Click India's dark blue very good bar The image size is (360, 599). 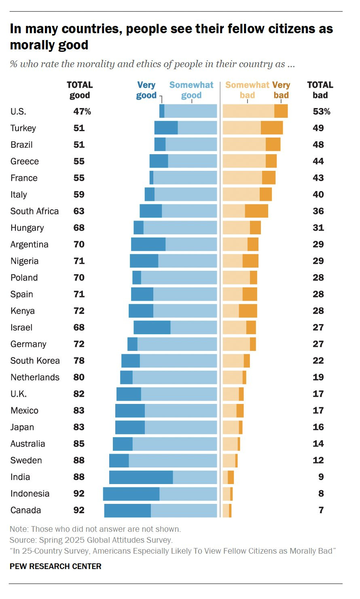click(141, 477)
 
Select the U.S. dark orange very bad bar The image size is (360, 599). click(281, 111)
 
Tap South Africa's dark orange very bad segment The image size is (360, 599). click(256, 211)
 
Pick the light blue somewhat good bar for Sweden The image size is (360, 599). click(173, 461)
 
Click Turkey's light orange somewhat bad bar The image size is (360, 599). click(241, 128)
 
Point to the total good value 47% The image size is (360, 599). click(82, 112)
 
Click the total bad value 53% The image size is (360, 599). click(321, 112)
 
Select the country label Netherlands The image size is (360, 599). click(35, 377)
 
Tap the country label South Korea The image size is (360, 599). click(35, 361)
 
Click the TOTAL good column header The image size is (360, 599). click(80, 90)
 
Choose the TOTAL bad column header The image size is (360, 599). click(320, 90)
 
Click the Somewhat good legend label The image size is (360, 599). click(191, 90)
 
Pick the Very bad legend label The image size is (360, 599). click(281, 90)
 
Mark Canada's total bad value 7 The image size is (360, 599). click(321, 510)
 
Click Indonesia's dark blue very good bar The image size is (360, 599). click(131, 494)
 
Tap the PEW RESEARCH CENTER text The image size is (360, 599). click(55, 566)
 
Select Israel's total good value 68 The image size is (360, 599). click(79, 327)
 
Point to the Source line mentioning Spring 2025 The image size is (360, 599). click(91, 540)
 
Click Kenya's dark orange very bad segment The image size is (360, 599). click(248, 311)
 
